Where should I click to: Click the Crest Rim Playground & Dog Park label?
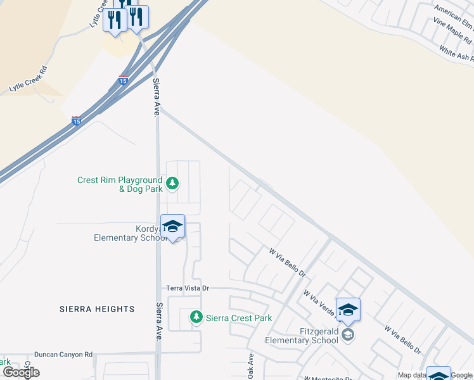(120, 184)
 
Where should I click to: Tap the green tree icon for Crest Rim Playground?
(172, 184)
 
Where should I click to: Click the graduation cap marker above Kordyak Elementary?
(172, 226)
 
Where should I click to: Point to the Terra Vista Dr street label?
(188, 288)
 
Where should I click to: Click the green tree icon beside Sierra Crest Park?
(197, 317)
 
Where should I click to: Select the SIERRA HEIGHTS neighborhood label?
(97, 309)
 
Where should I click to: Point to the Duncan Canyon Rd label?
(63, 355)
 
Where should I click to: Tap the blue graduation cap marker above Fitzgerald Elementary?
(348, 310)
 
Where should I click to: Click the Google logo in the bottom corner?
(21, 372)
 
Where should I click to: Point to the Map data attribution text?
(412, 376)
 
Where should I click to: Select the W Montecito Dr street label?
(330, 378)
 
